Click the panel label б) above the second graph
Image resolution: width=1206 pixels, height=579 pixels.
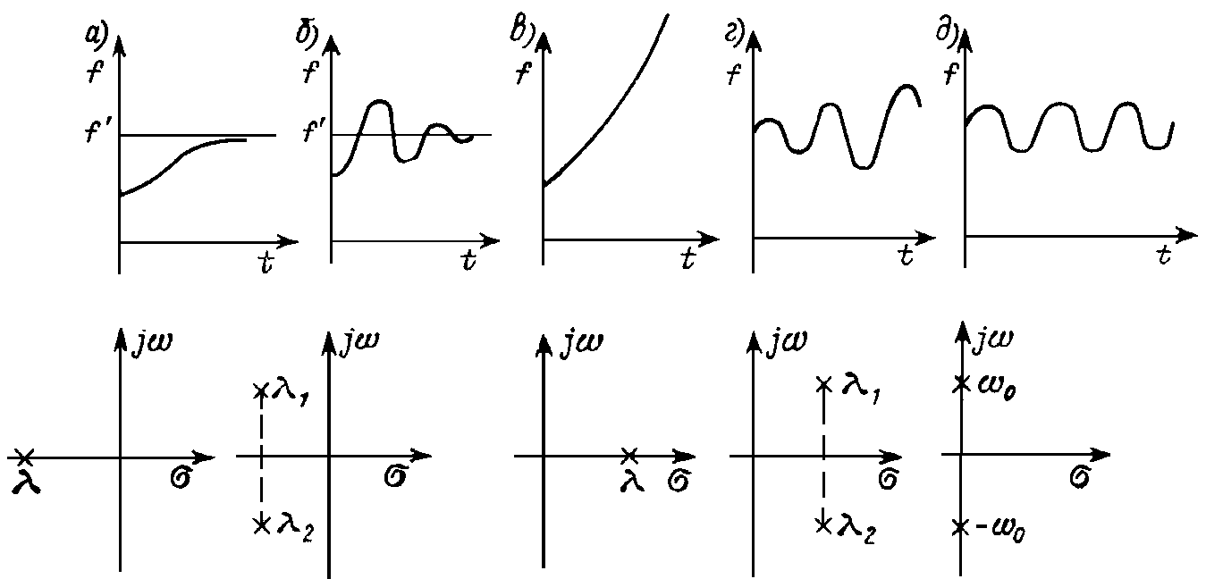click(x=307, y=34)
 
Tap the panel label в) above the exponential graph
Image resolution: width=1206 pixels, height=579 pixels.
click(x=521, y=32)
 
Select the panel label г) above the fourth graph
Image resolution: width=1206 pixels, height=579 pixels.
click(x=734, y=34)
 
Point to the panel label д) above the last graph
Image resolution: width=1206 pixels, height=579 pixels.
click(x=947, y=33)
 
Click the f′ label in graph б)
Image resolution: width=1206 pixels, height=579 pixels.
click(x=313, y=130)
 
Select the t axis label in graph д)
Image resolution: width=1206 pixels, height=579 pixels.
click(x=1164, y=255)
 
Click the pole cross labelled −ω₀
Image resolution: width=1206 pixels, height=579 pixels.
click(x=960, y=528)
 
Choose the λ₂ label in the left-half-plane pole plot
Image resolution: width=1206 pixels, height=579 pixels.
click(x=294, y=529)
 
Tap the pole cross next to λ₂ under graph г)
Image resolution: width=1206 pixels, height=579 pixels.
click(x=823, y=524)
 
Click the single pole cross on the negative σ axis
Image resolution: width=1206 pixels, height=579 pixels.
click(x=23, y=457)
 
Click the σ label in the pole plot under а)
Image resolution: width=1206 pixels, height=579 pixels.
click(x=181, y=478)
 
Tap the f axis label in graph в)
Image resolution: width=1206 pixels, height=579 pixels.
click(x=523, y=72)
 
